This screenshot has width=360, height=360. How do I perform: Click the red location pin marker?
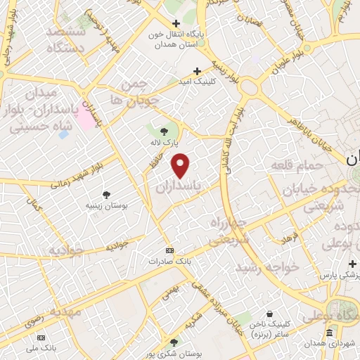coord(181,166)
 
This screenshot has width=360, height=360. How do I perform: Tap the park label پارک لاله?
coord(163,143)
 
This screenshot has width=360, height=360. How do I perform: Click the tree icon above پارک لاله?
coord(164,131)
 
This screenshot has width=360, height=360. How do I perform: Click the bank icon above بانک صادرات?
coord(169,250)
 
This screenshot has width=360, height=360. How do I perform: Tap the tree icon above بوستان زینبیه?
coord(106,194)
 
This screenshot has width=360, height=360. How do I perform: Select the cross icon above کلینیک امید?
coord(198,71)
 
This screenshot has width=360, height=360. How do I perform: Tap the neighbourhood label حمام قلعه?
coord(296,165)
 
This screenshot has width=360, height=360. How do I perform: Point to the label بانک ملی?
coord(41,347)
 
